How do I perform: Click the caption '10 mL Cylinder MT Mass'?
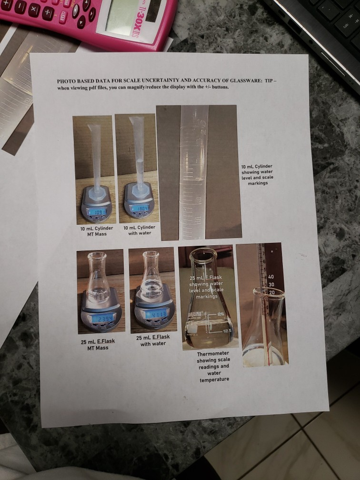97,231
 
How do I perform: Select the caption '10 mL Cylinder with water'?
139,230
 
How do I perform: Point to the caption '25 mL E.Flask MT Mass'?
98,344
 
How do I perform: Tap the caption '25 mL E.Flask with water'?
153,340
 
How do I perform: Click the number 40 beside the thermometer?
271,277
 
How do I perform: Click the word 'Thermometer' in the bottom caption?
213,353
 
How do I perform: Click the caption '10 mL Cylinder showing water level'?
257,174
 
